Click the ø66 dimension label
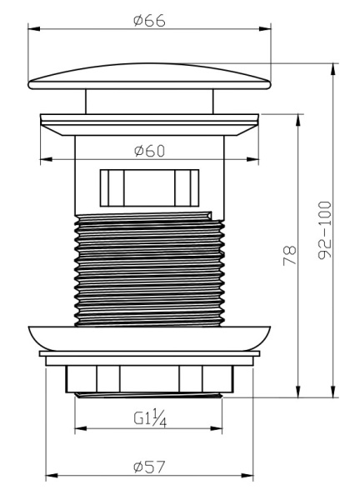coord(149,21)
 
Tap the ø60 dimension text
coord(149,151)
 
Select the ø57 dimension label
coord(149,467)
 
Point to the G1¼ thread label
coord(150,418)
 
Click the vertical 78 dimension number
coord(290,256)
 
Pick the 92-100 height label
coord(325,230)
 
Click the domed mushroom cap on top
coord(149,77)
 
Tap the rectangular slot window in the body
coord(149,187)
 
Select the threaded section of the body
coord(149,269)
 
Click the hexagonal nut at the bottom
coord(149,379)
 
